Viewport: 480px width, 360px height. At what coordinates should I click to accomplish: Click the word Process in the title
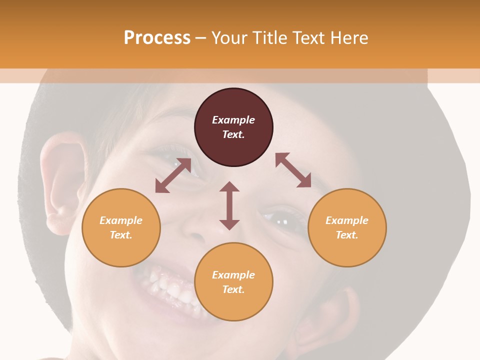click(157, 38)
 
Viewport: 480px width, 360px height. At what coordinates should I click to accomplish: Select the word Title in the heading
click(270, 38)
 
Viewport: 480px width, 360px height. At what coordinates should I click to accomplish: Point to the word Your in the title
click(231, 38)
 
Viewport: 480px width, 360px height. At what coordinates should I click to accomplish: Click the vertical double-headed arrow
click(229, 205)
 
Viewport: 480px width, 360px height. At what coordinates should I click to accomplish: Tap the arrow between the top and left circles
click(173, 175)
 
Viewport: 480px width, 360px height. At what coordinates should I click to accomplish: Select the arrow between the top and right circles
click(293, 170)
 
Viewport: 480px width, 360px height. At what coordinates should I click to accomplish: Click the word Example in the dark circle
click(233, 120)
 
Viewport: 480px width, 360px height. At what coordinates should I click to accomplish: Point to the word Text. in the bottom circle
click(233, 289)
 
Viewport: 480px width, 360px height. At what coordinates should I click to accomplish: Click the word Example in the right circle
click(347, 220)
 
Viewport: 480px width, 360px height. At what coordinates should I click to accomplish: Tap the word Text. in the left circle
click(121, 235)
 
